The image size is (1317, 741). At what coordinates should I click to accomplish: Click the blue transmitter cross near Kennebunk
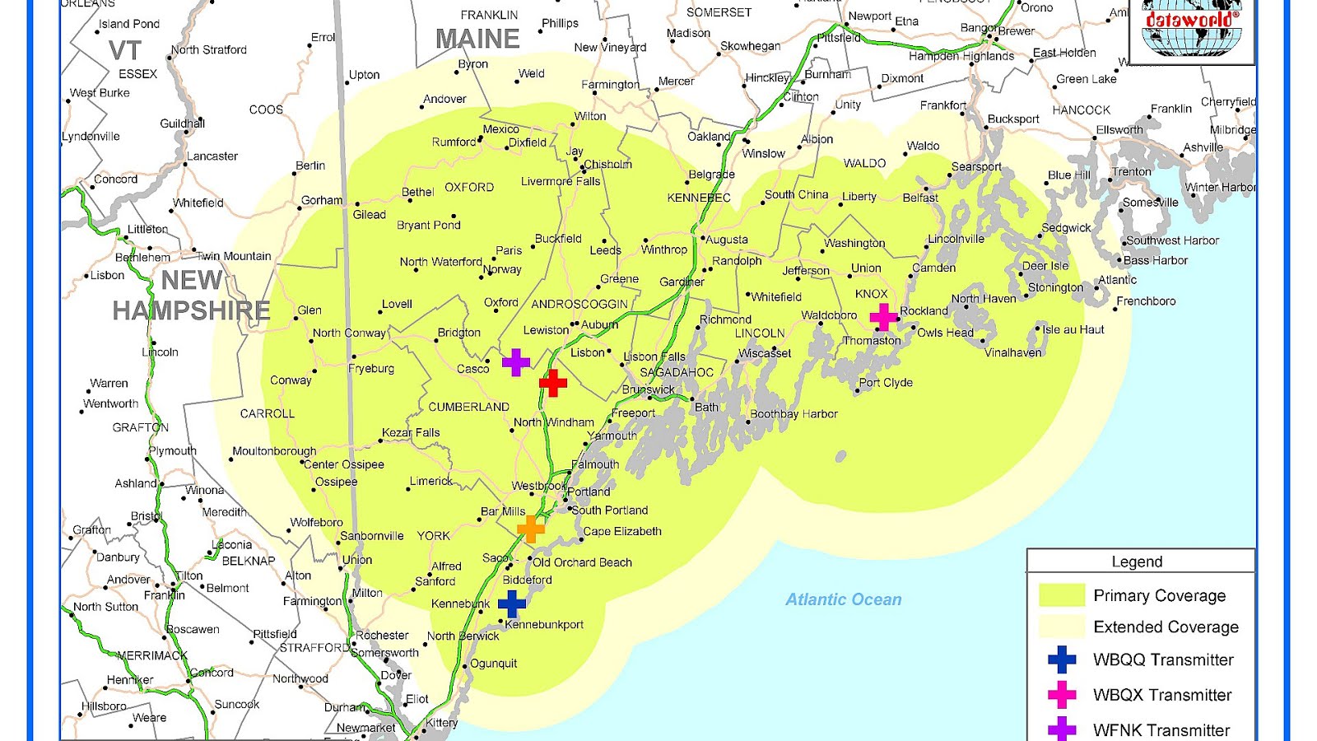(x=511, y=604)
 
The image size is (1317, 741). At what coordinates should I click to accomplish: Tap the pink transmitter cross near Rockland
(x=883, y=316)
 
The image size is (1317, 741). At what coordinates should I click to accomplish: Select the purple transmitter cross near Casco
(x=516, y=362)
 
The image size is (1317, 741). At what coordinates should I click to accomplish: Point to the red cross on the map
(x=553, y=383)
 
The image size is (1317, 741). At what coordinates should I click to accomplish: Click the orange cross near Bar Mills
(x=531, y=529)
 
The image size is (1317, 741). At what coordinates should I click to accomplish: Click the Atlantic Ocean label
(x=843, y=599)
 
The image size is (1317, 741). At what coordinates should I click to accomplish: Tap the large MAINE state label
(x=477, y=39)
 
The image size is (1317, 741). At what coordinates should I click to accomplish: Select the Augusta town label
(x=727, y=240)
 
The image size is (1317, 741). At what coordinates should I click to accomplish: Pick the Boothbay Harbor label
(x=793, y=414)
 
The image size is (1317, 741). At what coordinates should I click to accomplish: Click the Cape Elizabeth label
(x=622, y=532)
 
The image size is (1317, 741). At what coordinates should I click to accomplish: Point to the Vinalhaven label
(x=1013, y=352)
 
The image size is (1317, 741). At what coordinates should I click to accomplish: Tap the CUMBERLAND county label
(x=468, y=407)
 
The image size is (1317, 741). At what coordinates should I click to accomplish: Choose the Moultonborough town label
(x=274, y=451)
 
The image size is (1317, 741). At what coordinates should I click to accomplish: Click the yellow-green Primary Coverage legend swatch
(x=1062, y=595)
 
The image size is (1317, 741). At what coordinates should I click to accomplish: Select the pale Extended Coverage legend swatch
(x=1062, y=627)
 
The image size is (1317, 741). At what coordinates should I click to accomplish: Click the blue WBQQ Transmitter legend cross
(x=1062, y=659)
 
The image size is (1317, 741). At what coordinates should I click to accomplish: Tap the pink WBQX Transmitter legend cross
(x=1062, y=695)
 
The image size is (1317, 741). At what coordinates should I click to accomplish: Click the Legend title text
(x=1137, y=562)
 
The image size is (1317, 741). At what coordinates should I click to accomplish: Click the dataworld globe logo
(x=1192, y=30)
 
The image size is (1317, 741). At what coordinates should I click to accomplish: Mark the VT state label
(x=125, y=51)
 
